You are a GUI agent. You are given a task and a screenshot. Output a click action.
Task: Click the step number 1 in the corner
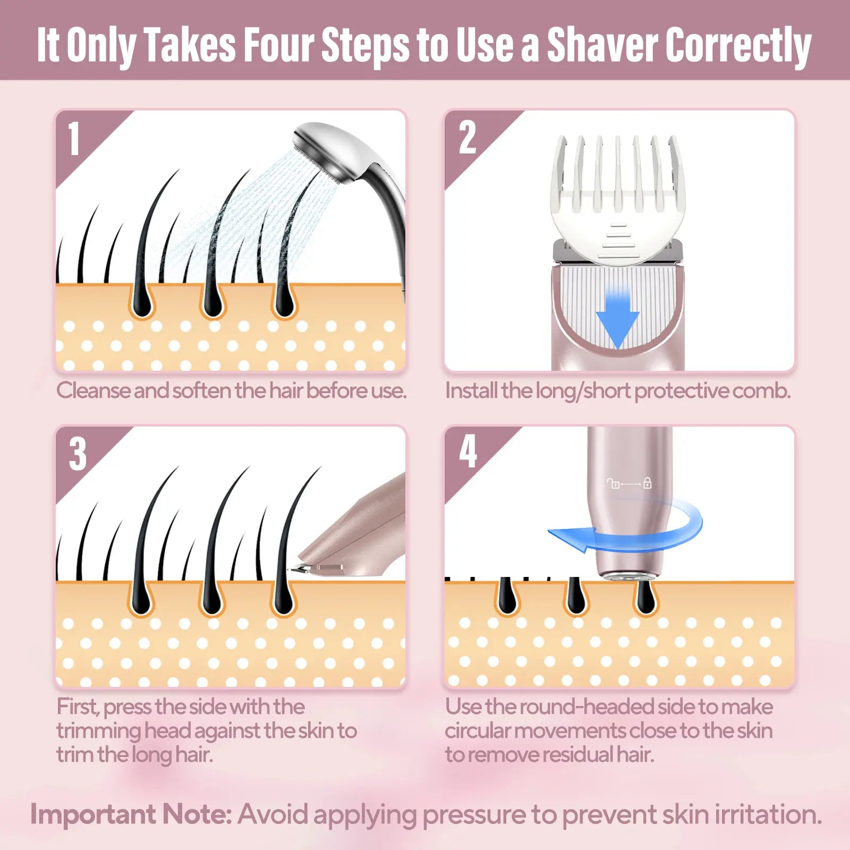74,139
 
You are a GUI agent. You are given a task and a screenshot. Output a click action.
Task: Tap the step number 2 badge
467,138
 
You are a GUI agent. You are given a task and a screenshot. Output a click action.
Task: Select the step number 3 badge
78,454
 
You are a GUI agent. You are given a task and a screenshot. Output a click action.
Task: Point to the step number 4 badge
467,452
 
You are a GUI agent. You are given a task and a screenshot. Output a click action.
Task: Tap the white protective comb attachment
618,202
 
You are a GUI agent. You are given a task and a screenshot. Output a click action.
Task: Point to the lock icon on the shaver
647,483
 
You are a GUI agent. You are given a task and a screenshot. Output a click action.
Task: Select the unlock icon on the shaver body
614,483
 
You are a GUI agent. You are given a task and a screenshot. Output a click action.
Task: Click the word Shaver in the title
602,45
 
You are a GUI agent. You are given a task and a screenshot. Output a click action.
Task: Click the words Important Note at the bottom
130,814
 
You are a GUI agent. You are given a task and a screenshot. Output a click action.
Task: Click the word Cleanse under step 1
93,390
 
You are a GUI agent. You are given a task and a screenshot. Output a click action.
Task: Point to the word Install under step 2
471,390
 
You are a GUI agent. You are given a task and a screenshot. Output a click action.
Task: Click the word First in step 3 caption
77,707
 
